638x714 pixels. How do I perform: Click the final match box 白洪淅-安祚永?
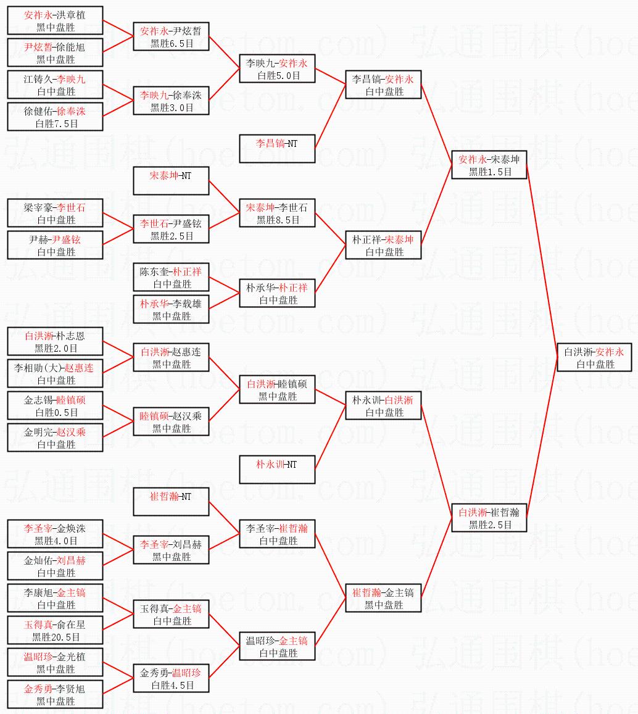coord(594,357)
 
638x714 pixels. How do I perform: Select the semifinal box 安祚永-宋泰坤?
coord(489,165)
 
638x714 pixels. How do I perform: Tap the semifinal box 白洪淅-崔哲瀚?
coord(489,518)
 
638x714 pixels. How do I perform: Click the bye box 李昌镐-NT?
coord(277,149)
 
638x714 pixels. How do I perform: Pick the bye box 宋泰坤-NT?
coord(172,181)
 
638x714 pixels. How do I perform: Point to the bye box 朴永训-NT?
coord(277,470)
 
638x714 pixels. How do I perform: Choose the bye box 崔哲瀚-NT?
coord(172,502)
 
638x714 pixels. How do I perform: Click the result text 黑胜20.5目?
coord(56,637)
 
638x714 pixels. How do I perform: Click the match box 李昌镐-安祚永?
coord(383,85)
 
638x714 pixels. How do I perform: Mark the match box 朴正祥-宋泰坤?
coord(383,245)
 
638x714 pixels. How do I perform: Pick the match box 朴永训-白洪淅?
coord(383,405)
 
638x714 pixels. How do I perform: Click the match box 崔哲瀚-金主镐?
coord(383,598)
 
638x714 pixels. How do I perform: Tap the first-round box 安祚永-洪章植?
coord(55,20)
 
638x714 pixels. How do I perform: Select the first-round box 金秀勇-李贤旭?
coord(55,694)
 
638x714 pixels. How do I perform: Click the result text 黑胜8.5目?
coord(278,220)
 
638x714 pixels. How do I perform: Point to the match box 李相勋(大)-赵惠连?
coord(55,373)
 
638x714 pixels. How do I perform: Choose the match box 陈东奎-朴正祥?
coord(172,277)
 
